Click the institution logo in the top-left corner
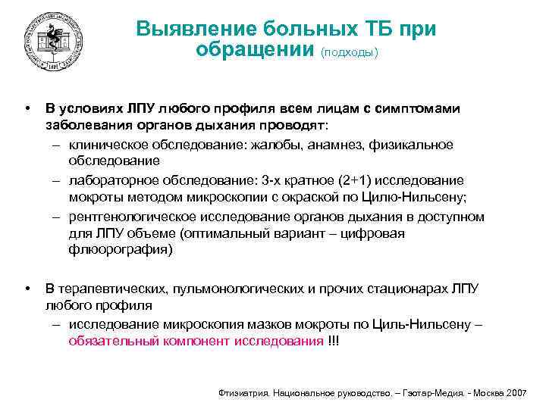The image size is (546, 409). [x=52, y=42]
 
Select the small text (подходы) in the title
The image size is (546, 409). [x=349, y=53]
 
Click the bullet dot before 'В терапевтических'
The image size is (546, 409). [x=28, y=289]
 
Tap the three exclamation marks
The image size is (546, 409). [x=334, y=342]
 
